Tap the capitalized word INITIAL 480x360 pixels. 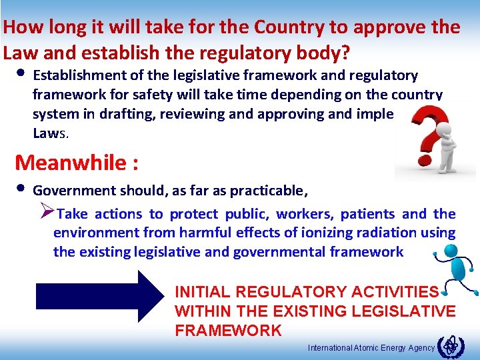tap(203, 292)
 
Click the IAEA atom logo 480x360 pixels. tap(452, 345)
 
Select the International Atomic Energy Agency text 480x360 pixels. tap(371, 347)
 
